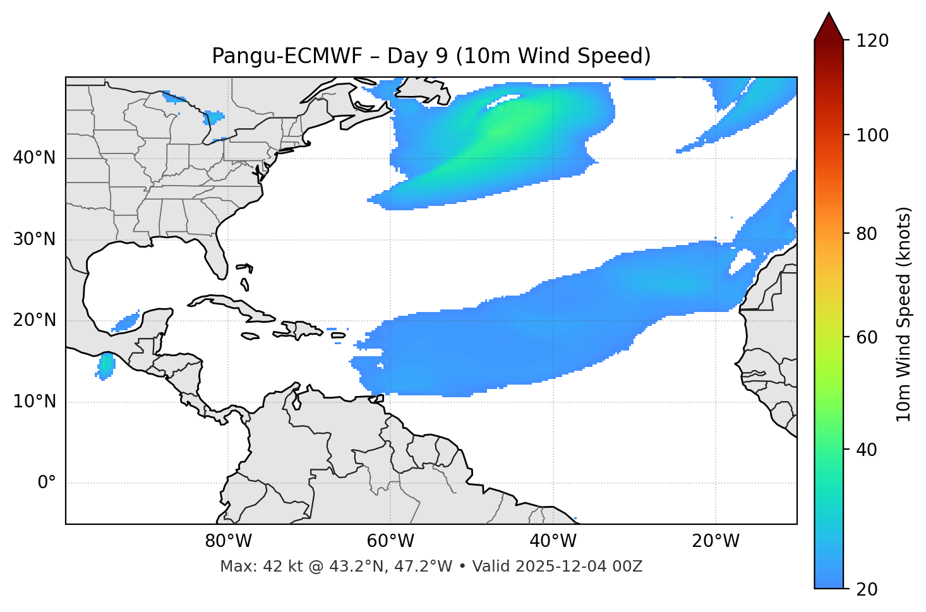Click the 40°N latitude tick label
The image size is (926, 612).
[x=34, y=158]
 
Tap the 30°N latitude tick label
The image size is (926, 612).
[x=34, y=239]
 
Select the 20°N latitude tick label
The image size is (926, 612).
[x=34, y=320]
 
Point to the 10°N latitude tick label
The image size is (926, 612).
[x=34, y=402]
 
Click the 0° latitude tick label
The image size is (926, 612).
[x=47, y=483]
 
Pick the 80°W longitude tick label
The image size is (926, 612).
[x=228, y=541]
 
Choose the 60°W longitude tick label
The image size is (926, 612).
[x=390, y=541]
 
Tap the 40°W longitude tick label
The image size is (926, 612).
[x=553, y=541]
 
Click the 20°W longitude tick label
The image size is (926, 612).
[x=715, y=541]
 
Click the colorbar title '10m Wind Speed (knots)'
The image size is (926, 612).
[x=904, y=315]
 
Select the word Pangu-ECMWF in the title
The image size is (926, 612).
[x=287, y=56]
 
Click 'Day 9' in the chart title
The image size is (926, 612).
[x=417, y=56]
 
